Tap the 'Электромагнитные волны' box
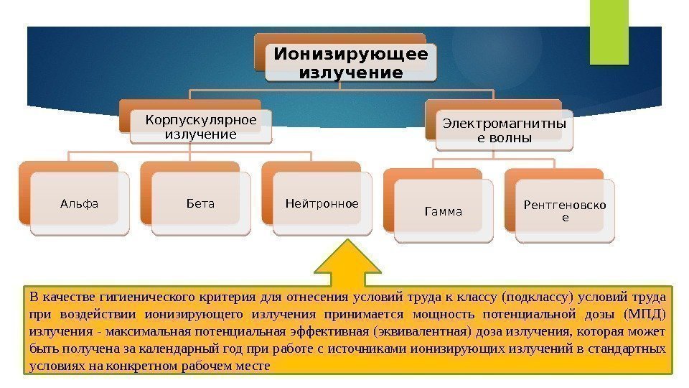(505, 130)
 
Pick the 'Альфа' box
(79, 204)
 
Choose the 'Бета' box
(200, 204)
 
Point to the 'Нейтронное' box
(322, 204)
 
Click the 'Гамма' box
(444, 212)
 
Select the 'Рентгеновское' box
(564, 211)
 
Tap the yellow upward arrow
(349, 263)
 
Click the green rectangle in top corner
(609, 32)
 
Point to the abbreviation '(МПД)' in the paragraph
(645, 314)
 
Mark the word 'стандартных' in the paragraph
(632, 348)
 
